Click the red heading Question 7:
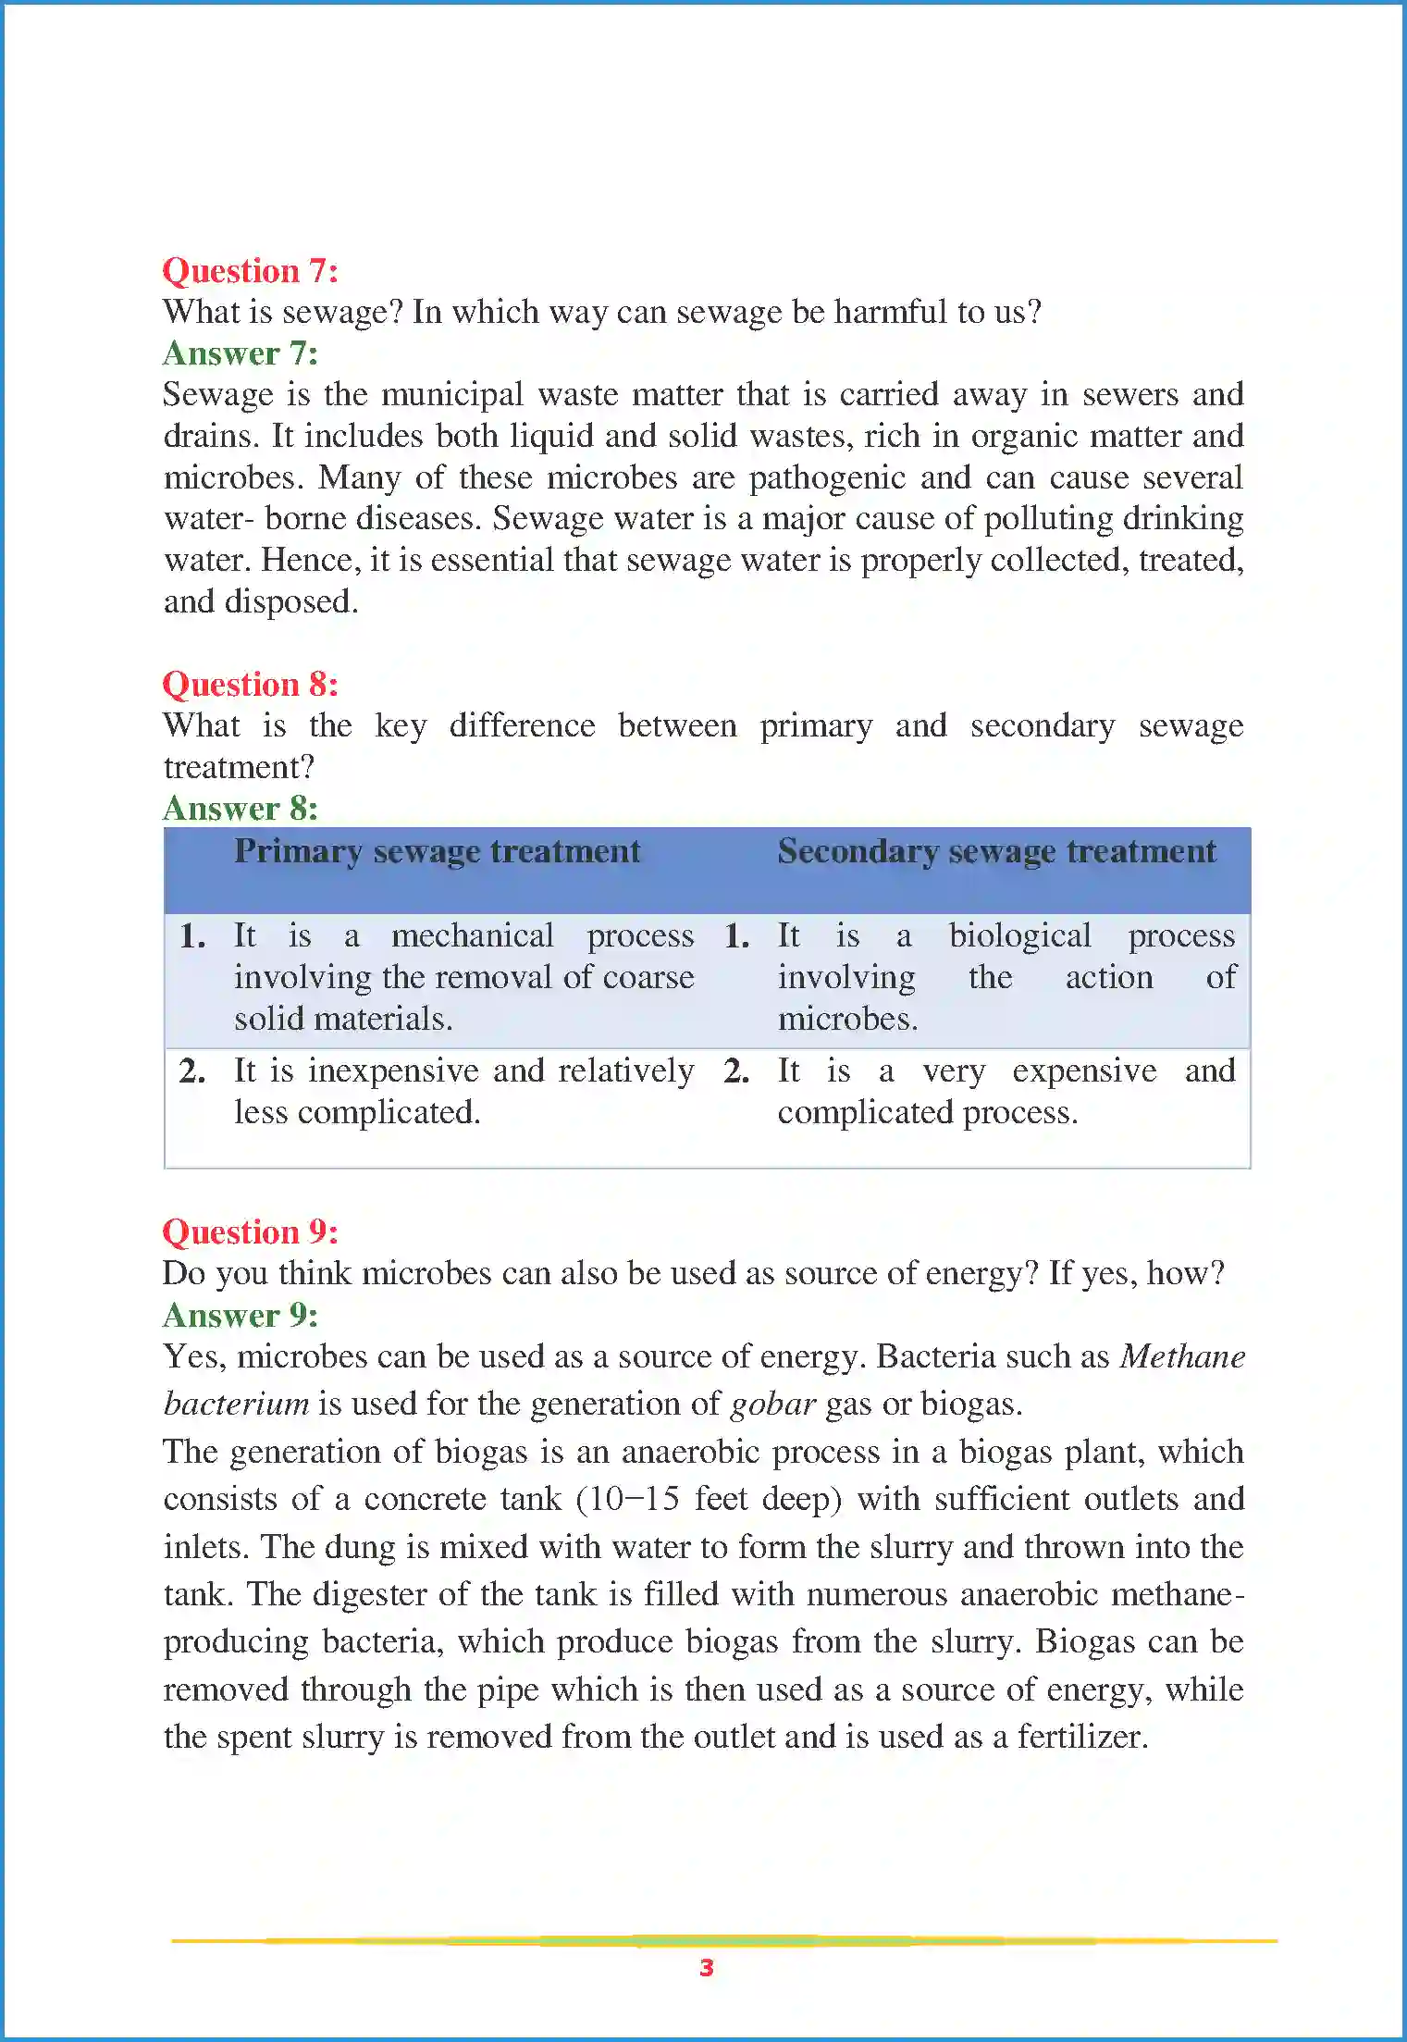(250, 271)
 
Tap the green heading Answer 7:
(240, 353)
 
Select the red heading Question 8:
(250, 685)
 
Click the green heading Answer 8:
(240, 809)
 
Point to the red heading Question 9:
(250, 1232)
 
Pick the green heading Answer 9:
(240, 1315)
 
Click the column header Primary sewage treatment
(437, 851)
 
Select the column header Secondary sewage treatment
(996, 851)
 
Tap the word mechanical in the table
(472, 936)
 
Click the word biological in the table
(1019, 936)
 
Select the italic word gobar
(772, 1405)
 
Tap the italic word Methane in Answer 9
(1182, 1356)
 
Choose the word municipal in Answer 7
(451, 395)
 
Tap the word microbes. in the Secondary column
(847, 1020)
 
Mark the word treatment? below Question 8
(239, 767)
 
